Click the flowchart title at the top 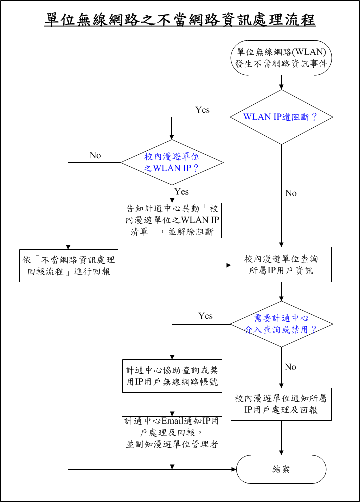[x=180, y=20]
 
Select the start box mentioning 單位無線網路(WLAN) [x=281, y=58]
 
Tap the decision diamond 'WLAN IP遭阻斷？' [x=281, y=117]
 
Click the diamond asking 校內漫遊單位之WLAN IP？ [x=172, y=162]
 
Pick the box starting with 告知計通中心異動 [x=172, y=220]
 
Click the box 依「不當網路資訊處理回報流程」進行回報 [x=69, y=266]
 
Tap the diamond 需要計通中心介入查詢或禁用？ [x=281, y=324]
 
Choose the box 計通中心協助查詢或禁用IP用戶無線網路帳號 [x=172, y=376]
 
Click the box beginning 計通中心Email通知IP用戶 [x=172, y=432]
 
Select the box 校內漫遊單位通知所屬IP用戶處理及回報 [x=281, y=404]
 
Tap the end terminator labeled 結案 [x=281, y=469]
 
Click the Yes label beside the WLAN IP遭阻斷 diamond [x=202, y=110]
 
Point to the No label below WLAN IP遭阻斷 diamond [x=291, y=193]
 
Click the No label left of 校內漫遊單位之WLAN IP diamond [x=95, y=155]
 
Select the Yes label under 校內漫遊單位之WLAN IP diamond [x=181, y=192]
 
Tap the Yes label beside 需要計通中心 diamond [x=205, y=316]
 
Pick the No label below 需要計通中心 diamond [x=291, y=367]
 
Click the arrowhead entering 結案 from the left [x=233, y=469]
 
